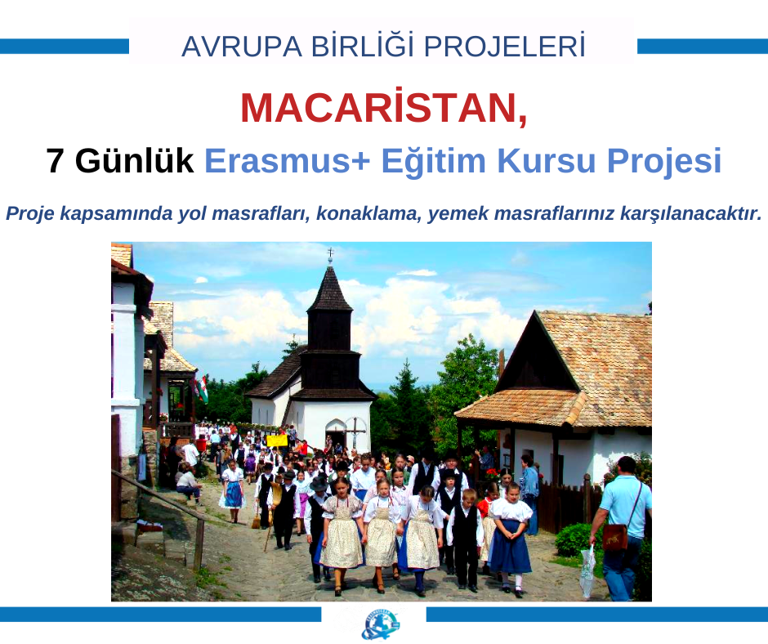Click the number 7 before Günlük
56,161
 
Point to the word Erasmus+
288,161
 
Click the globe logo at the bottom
380,624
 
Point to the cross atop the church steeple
330,253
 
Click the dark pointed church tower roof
329,289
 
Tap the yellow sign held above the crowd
277,440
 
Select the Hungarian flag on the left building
202,389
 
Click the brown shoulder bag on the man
614,537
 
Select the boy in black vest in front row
465,539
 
